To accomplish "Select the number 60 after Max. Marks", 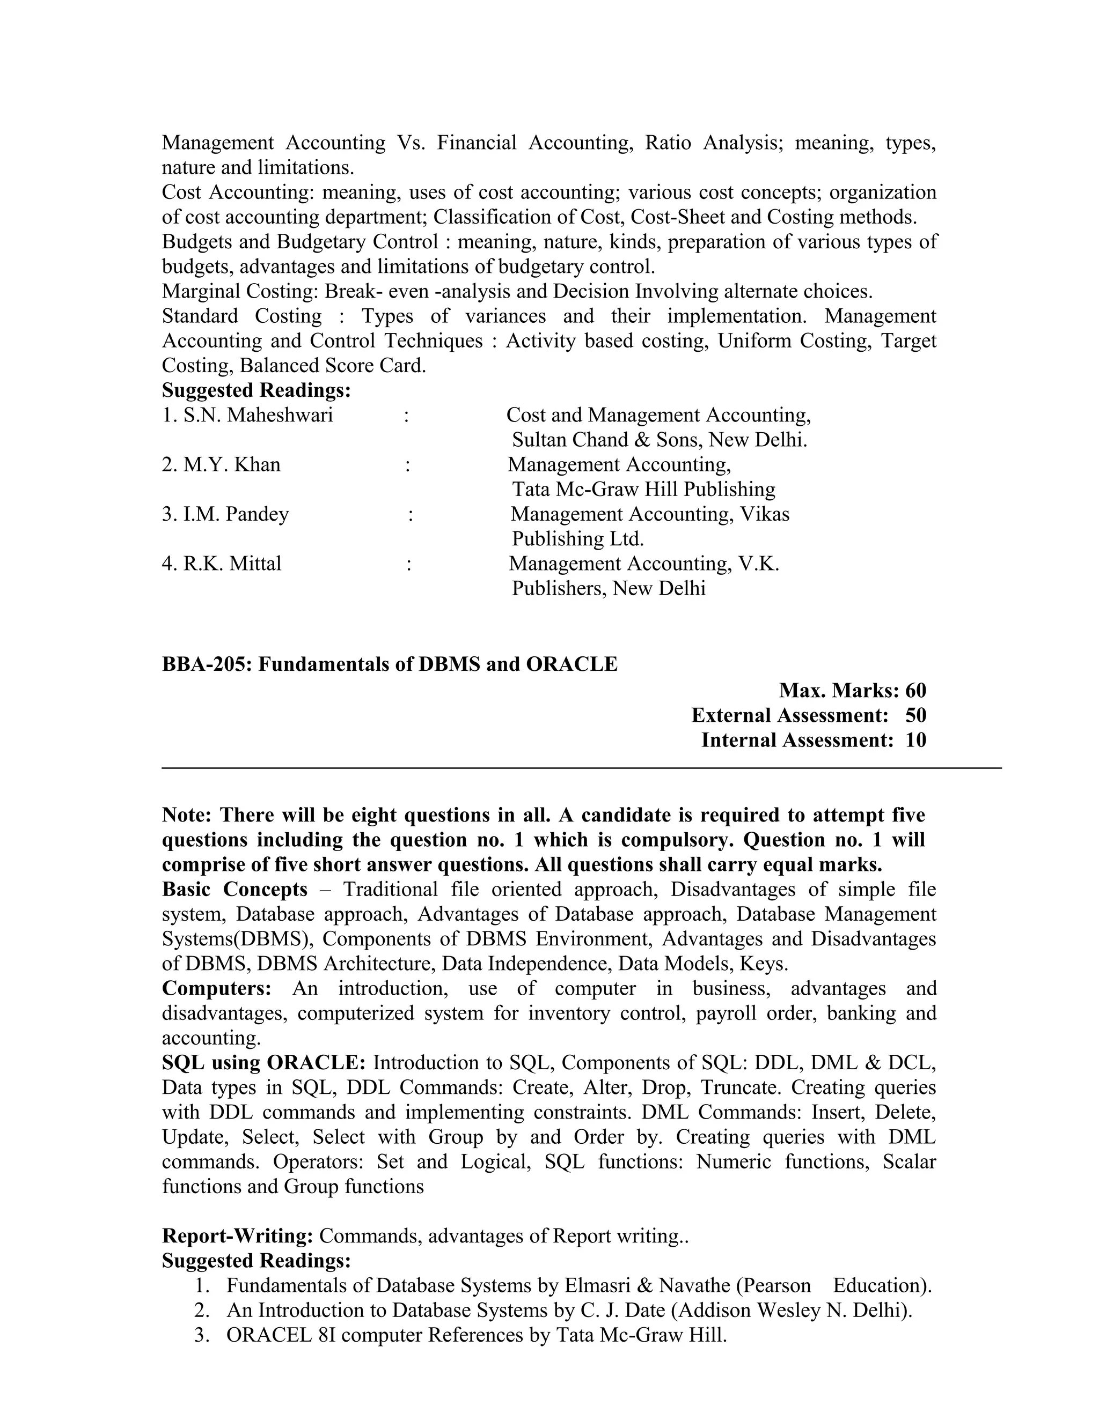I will coord(915,690).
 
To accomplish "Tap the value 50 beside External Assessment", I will coord(915,715).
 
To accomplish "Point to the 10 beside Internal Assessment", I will coord(915,740).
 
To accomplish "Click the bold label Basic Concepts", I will coord(235,890).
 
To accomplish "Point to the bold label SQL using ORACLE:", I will coord(263,1062).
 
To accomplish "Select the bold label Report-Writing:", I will coord(238,1235).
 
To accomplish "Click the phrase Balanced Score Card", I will coord(332,366).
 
